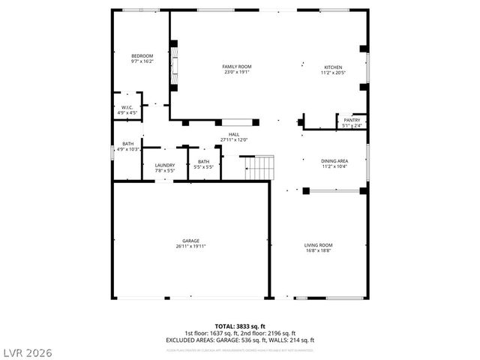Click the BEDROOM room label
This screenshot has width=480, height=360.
(142, 56)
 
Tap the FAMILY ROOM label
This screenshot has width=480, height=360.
(235, 67)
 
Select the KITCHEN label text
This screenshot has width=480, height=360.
(333, 67)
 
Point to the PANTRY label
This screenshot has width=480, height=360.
(352, 120)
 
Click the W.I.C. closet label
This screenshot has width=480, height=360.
(127, 107)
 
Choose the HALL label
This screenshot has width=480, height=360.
(234, 134)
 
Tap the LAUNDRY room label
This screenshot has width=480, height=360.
(164, 165)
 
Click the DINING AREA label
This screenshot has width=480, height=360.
(334, 160)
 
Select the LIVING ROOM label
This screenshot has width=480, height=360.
(318, 245)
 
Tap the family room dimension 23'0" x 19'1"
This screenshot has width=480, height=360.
(235, 72)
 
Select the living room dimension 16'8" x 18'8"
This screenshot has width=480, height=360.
(318, 250)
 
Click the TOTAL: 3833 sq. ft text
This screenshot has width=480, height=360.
(240, 327)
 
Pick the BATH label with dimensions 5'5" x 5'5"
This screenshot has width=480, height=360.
(203, 161)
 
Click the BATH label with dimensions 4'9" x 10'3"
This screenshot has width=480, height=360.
(128, 144)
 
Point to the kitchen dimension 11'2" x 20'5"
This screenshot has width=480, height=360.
(333, 72)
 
